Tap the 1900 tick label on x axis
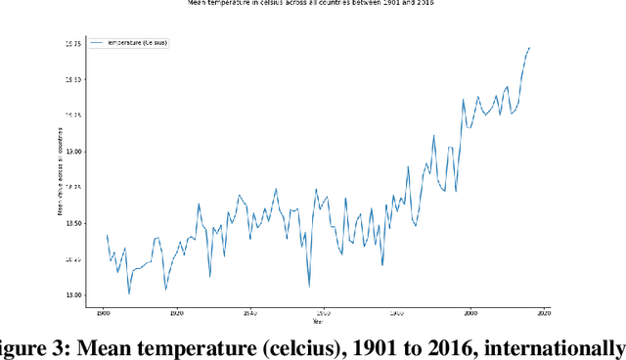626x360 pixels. pyautogui.click(x=103, y=312)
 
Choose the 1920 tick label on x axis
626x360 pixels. pyautogui.click(x=176, y=312)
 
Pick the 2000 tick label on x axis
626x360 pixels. pyautogui.click(x=469, y=312)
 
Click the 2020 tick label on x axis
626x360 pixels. pyautogui.click(x=543, y=312)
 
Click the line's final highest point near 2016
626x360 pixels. pyautogui.click(x=529, y=47)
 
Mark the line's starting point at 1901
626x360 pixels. pyautogui.click(x=107, y=236)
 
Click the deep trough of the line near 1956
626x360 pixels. pyautogui.click(x=309, y=286)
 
